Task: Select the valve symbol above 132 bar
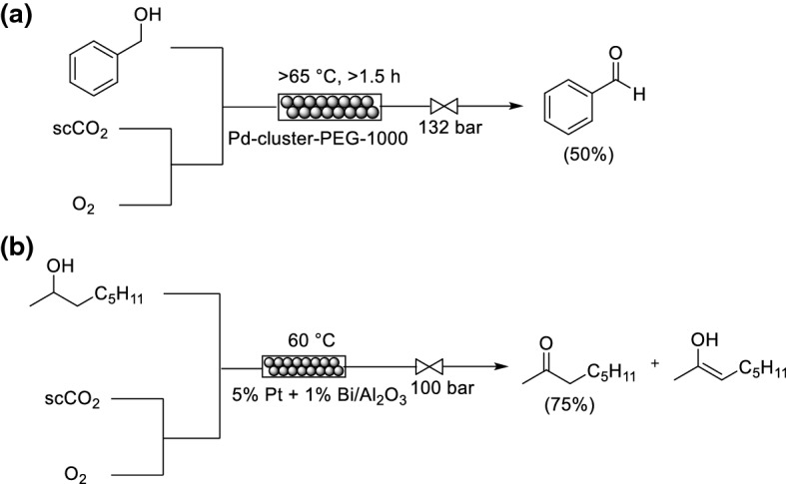443,106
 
